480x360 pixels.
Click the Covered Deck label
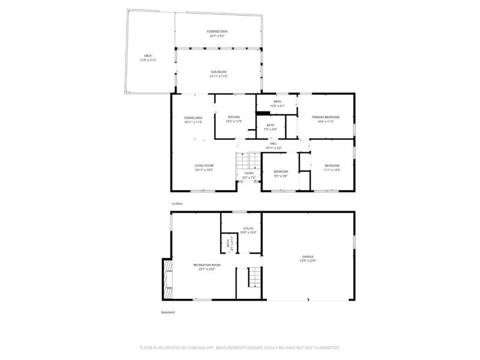tap(218, 31)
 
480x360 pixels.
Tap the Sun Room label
tap(218, 71)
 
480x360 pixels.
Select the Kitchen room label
tap(233, 116)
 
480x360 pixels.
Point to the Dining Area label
tap(193, 118)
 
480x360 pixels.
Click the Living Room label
tap(204, 166)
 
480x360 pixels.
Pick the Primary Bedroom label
tap(326, 116)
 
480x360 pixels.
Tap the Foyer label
tap(248, 173)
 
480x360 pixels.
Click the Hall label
tap(273, 143)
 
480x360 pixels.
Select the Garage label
tap(308, 256)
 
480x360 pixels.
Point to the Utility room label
tap(248, 229)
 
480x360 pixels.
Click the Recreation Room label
tap(206, 265)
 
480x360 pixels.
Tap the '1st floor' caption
tap(176, 203)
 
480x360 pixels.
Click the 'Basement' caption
tap(169, 312)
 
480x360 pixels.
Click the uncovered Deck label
tap(148, 56)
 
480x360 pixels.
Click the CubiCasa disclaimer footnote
tap(240, 347)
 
